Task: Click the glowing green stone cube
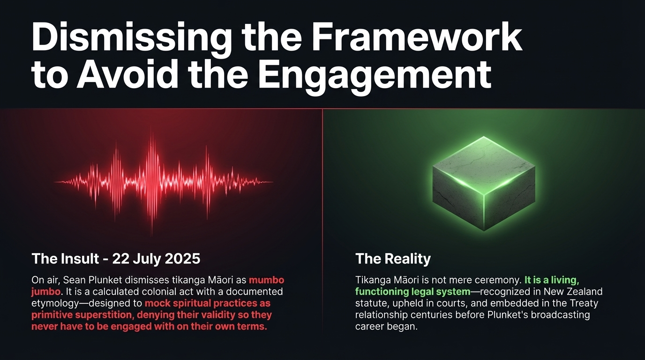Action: pos(484,183)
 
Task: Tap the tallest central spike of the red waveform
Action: pos(151,184)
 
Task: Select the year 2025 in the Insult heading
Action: pos(182,259)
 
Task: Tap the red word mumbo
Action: pos(266,280)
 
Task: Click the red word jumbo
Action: pos(46,292)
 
